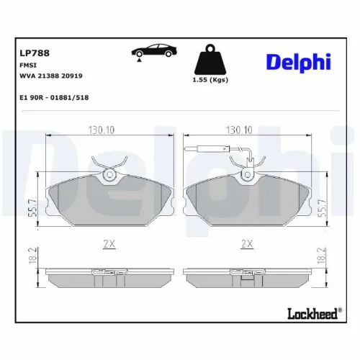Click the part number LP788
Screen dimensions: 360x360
point(29,52)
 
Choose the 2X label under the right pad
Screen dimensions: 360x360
point(247,244)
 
